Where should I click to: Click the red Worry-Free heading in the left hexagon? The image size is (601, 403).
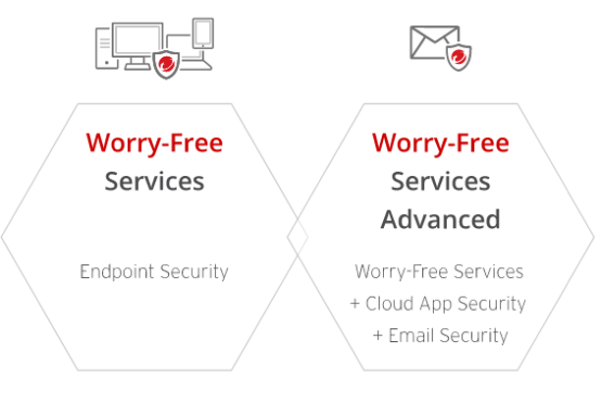(x=154, y=144)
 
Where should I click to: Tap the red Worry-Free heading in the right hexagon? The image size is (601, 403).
(x=440, y=144)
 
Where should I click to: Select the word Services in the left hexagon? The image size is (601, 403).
(x=154, y=182)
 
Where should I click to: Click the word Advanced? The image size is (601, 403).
(x=440, y=218)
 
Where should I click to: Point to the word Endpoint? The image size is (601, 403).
(x=114, y=272)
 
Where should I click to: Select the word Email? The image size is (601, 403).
(x=411, y=336)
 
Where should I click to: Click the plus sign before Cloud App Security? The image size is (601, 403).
(x=355, y=305)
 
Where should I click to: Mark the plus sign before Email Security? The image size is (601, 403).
(x=378, y=336)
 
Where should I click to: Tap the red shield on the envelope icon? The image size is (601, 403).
(x=459, y=58)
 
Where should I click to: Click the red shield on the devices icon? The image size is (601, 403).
(x=168, y=65)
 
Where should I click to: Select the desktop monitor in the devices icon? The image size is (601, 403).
(x=144, y=42)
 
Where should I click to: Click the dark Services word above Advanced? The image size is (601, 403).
(x=440, y=182)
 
